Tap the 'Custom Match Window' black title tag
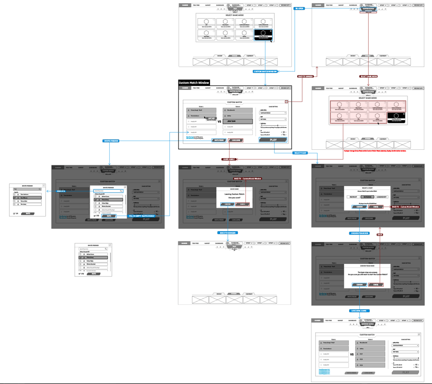tap(194, 83)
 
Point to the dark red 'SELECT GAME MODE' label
tap(369, 76)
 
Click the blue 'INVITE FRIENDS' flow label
tap(111, 141)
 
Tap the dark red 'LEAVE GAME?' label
tap(229, 159)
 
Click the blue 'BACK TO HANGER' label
tap(227, 233)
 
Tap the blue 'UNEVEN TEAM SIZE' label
tap(360, 233)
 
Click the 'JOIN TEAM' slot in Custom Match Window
tap(238, 121)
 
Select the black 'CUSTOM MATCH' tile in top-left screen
tap(263, 35)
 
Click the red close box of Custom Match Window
tap(286, 102)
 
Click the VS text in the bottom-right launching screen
tap(352, 354)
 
